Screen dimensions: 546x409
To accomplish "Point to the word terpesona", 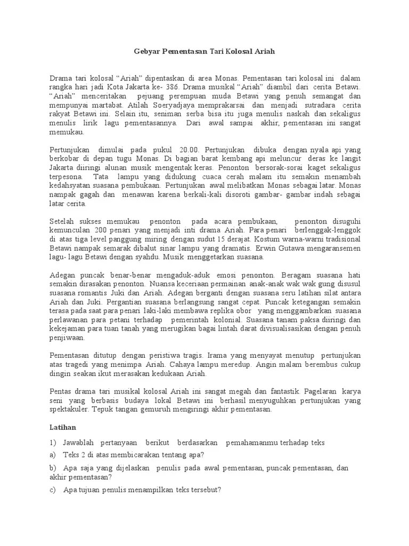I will (x=66, y=176).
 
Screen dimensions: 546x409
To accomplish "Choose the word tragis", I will (x=192, y=356).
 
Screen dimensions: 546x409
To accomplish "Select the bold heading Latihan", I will (x=63, y=428).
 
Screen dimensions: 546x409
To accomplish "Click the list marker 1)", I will (x=53, y=443).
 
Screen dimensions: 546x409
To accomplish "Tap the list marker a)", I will (x=52, y=455).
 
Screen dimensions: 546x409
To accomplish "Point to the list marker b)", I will (x=53, y=468).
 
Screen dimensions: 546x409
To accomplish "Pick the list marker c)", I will (x=52, y=490).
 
